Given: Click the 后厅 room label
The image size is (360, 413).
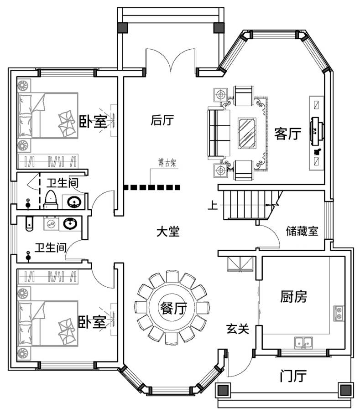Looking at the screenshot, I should coord(162,120).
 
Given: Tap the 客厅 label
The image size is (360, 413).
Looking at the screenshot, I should coord(288,134).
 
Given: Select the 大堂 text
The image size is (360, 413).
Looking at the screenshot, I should coord(168,232).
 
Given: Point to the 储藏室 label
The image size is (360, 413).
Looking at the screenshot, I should coord(302,231).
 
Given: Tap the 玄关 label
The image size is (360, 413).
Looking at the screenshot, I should coord(237,328).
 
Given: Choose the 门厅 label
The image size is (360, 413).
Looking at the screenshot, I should coord(292,376).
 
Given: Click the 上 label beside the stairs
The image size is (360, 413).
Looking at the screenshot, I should coord(213,206).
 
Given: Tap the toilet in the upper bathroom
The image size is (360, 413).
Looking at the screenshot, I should coord(51,199).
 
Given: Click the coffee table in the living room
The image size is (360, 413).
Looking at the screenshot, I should coord(247,132).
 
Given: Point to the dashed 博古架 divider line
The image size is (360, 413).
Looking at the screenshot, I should coord(152,187).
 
